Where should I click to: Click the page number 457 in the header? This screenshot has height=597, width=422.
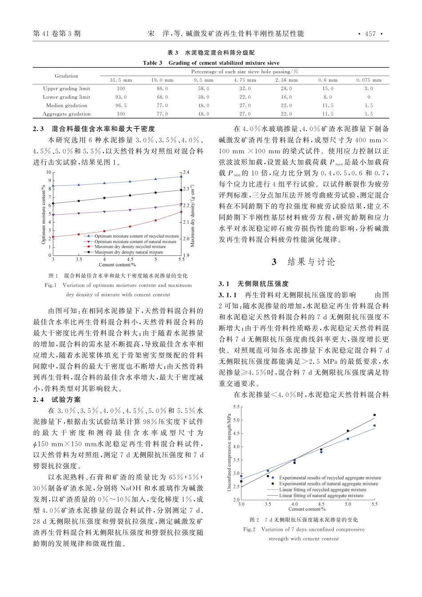[370, 33]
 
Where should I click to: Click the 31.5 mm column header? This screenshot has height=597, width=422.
[121, 80]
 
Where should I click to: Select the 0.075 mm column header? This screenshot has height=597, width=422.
[368, 80]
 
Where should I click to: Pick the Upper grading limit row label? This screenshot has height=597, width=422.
[67, 88]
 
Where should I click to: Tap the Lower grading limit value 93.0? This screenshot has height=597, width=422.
[121, 97]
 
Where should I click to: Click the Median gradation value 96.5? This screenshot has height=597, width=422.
[121, 106]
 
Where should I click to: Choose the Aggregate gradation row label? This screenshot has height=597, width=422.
[67, 114]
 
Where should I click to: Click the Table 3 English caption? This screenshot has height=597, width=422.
[211, 63]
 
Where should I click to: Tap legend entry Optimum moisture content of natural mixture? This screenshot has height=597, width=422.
[135, 242]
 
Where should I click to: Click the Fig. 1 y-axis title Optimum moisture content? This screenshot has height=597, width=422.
[44, 214]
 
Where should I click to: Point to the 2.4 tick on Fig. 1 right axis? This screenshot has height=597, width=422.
[186, 172]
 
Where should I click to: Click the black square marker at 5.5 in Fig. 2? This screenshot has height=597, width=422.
[374, 415]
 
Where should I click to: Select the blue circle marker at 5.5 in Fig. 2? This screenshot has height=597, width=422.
[374, 426]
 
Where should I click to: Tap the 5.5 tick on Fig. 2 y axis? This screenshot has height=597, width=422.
[236, 407]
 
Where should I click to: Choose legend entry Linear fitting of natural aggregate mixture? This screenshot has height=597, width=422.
[321, 495]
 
